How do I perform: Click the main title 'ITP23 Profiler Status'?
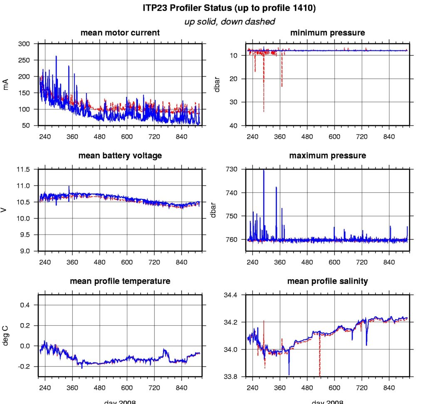(230, 8)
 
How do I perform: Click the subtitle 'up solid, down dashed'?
(230, 22)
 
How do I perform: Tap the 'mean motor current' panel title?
(120, 32)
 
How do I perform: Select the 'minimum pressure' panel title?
(327, 32)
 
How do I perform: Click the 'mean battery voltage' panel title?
(120, 156)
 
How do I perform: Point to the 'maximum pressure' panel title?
(327, 156)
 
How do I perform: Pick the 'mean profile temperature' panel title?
(120, 281)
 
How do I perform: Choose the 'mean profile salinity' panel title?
(327, 281)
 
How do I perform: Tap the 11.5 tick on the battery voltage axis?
(24, 169)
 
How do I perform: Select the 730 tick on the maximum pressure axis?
(232, 169)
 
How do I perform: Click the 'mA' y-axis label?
(6, 84)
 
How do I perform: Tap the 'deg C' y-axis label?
(6, 335)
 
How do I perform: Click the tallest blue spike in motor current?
(56, 57)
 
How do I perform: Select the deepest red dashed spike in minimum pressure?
(263, 111)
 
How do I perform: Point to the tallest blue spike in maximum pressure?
(263, 171)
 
